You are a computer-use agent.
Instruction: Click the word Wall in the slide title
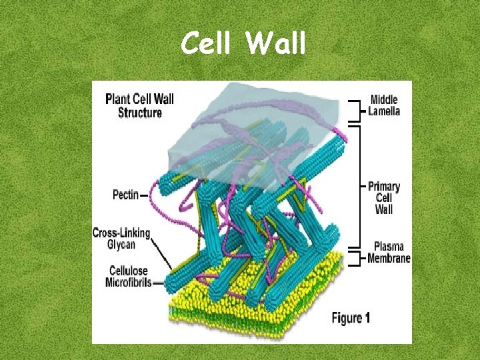click(x=275, y=44)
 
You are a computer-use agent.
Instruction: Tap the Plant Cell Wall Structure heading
click(x=140, y=106)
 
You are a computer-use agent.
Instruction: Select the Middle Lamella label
click(x=385, y=105)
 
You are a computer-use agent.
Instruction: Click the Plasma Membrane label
click(x=389, y=253)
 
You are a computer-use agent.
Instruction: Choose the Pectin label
click(x=125, y=195)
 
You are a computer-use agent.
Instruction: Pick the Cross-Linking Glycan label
click(x=122, y=239)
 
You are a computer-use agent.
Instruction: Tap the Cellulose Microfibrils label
click(x=129, y=277)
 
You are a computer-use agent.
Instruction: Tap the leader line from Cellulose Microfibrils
click(x=159, y=283)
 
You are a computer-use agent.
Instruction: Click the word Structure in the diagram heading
click(x=140, y=113)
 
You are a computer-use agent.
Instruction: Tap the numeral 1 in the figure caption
click(x=367, y=318)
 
